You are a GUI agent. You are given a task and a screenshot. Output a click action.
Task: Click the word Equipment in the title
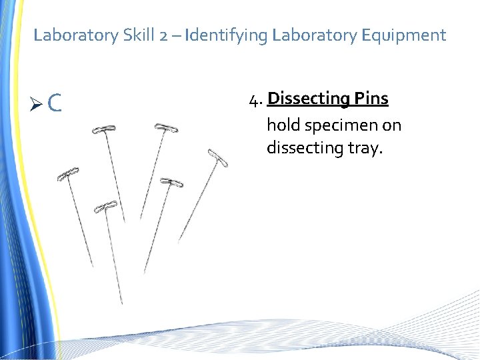[404, 35]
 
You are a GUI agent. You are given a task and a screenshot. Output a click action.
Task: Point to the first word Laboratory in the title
[76, 35]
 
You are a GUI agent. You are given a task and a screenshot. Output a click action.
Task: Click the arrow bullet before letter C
[38, 103]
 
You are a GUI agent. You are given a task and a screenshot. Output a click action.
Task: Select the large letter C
[55, 103]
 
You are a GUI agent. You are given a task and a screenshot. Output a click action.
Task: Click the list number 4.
[253, 100]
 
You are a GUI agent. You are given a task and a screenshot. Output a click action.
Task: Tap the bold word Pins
[371, 99]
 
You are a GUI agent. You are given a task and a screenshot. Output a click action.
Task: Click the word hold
[283, 125]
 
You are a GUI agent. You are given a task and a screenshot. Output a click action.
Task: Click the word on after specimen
[391, 125]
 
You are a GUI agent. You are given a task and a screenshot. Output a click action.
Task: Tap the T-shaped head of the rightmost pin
[219, 159]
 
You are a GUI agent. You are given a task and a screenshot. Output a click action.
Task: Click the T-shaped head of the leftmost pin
[68, 173]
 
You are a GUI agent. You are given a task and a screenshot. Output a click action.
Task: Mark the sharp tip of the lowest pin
[122, 303]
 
